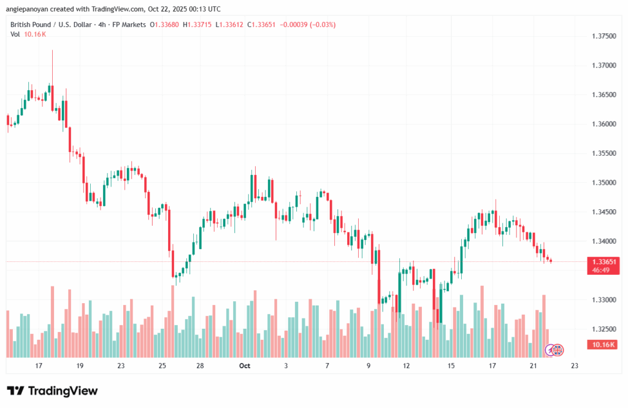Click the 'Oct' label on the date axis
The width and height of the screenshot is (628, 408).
(x=245, y=366)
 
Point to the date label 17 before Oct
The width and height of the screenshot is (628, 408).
(x=39, y=366)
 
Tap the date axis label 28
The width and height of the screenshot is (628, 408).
(x=200, y=366)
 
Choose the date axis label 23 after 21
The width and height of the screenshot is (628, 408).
(x=574, y=366)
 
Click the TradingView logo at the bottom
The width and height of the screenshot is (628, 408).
(x=52, y=391)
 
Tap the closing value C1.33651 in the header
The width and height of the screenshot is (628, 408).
(x=260, y=25)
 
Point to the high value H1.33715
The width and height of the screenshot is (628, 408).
(x=192, y=25)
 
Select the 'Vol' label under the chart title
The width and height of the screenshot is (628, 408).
(x=15, y=34)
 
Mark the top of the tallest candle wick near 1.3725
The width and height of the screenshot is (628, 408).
(x=53, y=50)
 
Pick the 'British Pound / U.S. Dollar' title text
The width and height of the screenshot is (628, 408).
(x=52, y=25)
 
